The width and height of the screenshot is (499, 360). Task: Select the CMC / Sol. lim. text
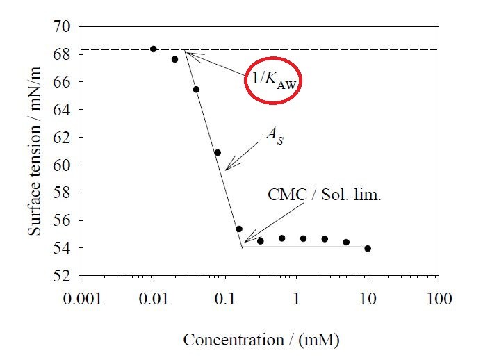click(325, 195)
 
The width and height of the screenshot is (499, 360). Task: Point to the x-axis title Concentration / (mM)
click(261, 340)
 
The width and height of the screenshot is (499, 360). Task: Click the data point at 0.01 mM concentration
click(154, 49)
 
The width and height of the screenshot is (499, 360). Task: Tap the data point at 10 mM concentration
click(368, 248)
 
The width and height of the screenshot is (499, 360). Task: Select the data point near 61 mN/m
click(218, 152)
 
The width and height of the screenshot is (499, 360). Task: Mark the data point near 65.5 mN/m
click(196, 90)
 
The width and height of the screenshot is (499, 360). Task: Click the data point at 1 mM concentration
click(303, 238)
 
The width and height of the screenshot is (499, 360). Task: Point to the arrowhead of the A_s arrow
click(226, 169)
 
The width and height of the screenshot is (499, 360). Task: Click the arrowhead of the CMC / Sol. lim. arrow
click(244, 242)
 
